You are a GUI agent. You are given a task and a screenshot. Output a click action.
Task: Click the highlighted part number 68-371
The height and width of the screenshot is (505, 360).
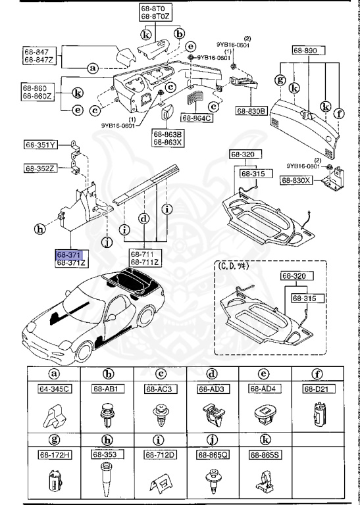66,253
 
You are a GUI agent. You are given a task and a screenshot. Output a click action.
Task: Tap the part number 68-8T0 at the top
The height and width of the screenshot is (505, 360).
155,8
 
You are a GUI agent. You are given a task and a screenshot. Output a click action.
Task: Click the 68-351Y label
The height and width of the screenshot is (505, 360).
41,145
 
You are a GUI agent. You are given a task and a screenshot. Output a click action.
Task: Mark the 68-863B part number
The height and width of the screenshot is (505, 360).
168,133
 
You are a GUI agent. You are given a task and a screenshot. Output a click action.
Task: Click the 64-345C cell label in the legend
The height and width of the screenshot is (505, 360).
53,389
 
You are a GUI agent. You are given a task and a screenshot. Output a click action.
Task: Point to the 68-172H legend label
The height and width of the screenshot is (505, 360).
53,454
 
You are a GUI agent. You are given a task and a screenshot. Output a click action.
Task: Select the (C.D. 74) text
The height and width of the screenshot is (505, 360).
234,267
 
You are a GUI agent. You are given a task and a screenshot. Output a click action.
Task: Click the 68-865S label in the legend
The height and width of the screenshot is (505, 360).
263,454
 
